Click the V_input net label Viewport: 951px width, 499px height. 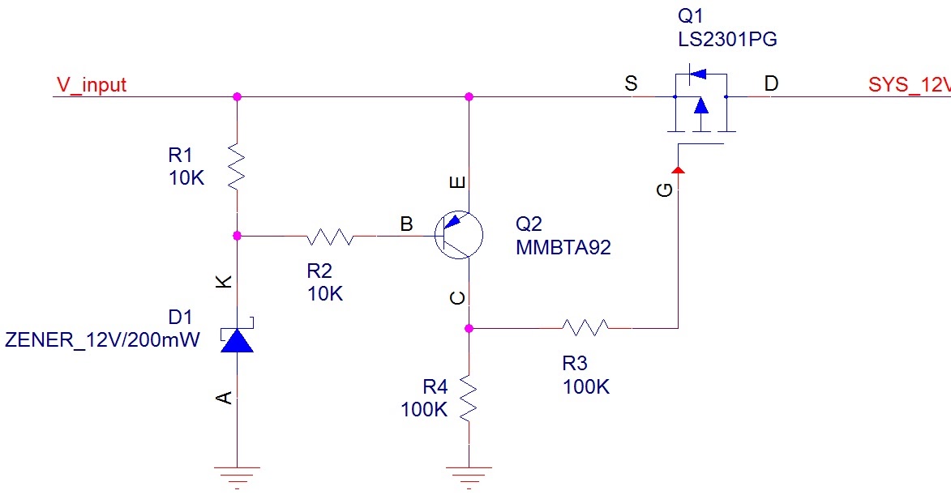pyautogui.click(x=91, y=85)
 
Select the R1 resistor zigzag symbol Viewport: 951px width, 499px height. pyautogui.click(x=237, y=167)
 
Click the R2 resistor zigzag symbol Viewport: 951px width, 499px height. pyautogui.click(x=330, y=237)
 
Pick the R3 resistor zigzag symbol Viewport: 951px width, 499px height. pyautogui.click(x=585, y=328)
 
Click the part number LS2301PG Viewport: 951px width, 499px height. pyautogui.click(x=721, y=40)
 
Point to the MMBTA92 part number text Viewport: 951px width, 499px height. pyautogui.click(x=563, y=248)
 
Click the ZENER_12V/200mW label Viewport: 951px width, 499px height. pyautogui.click(x=102, y=340)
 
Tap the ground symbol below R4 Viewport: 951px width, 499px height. pyautogui.click(x=469, y=471)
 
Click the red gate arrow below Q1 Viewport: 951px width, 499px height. pyautogui.click(x=678, y=168)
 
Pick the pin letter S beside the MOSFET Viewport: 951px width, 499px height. pyautogui.click(x=630, y=83)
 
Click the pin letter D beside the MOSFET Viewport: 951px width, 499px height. pyautogui.click(x=771, y=83)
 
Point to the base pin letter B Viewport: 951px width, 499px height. pyautogui.click(x=407, y=222)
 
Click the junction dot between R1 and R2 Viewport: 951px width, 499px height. pyautogui.click(x=237, y=236)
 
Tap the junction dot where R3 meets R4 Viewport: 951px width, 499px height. pyautogui.click(x=469, y=328)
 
